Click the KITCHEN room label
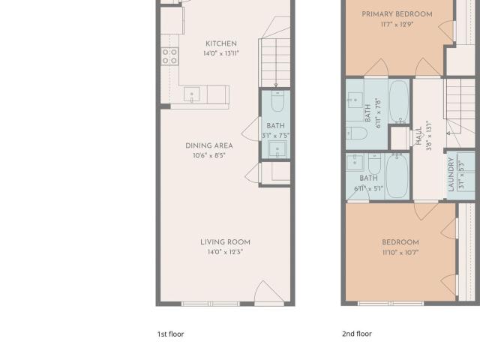[x=221, y=43]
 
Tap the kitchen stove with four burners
[x=169, y=56]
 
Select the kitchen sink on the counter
[x=192, y=94]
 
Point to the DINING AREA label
[x=209, y=145]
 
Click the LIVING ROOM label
[x=225, y=242]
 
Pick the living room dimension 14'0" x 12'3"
[x=225, y=252]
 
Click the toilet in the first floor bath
[x=277, y=101]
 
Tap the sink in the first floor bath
[x=277, y=149]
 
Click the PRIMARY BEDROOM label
[x=397, y=14]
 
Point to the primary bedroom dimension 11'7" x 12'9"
[x=397, y=25]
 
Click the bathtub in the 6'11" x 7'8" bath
[x=399, y=101]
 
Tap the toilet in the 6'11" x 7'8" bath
[x=356, y=133]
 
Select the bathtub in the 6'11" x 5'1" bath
[x=397, y=175]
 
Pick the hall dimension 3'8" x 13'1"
[x=429, y=135]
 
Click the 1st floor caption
[x=170, y=334]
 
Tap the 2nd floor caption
[x=357, y=334]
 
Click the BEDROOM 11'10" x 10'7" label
[x=400, y=247]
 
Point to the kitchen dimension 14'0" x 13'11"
[x=221, y=53]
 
